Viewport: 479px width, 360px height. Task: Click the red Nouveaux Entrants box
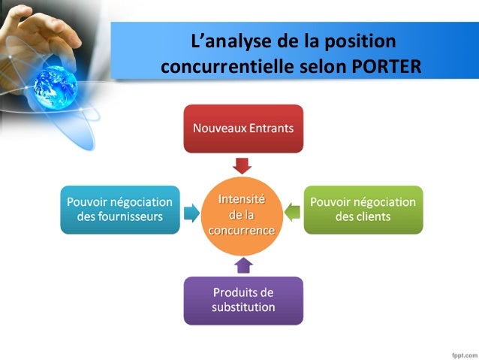click(243, 129)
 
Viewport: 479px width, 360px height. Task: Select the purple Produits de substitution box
click(243, 300)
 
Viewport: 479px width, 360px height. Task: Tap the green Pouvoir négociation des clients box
click(363, 210)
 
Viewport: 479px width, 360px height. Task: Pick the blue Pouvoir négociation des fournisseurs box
click(120, 210)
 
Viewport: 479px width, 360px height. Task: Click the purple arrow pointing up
click(243, 265)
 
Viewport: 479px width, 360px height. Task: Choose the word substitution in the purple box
click(243, 307)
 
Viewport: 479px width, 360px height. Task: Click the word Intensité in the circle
click(241, 200)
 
